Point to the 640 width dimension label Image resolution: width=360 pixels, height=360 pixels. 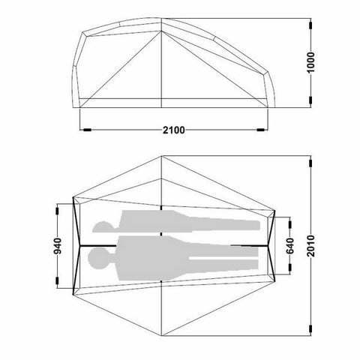290,245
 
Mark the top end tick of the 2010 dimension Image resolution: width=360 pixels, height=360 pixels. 309,157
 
